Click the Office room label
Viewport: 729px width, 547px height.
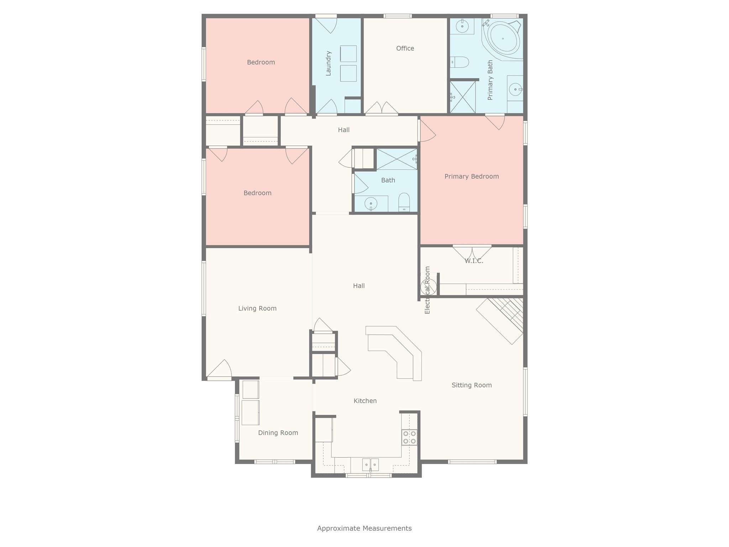pyautogui.click(x=405, y=48)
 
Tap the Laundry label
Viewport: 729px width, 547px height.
pyautogui.click(x=328, y=63)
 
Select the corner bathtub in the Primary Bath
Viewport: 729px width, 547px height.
pyautogui.click(x=502, y=38)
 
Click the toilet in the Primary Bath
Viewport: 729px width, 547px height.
pyautogui.click(x=460, y=62)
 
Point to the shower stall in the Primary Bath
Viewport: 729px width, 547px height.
pyautogui.click(x=462, y=97)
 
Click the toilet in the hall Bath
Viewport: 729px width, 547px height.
pyautogui.click(x=404, y=202)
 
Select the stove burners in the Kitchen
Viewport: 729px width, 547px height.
pyautogui.click(x=409, y=437)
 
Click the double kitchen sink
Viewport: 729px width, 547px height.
pyautogui.click(x=370, y=464)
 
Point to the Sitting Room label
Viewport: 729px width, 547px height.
pyautogui.click(x=472, y=385)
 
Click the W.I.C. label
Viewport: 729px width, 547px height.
pyautogui.click(x=474, y=261)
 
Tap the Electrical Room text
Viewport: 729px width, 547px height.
pyautogui.click(x=428, y=290)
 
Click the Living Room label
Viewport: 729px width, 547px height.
pyautogui.click(x=257, y=308)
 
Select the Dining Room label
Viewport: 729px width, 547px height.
pyautogui.click(x=278, y=433)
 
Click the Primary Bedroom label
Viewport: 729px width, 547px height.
pyautogui.click(x=472, y=176)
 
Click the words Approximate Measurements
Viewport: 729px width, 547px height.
pyautogui.click(x=364, y=528)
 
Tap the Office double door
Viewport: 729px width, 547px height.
pyautogui.click(x=382, y=109)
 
